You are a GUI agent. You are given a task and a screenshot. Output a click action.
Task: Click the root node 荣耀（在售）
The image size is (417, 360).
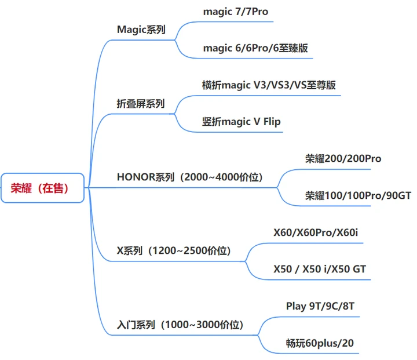[x=43, y=187]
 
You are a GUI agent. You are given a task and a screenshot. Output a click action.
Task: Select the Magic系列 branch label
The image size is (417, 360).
[x=141, y=30]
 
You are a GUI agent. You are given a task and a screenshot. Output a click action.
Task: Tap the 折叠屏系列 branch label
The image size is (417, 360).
[x=140, y=104]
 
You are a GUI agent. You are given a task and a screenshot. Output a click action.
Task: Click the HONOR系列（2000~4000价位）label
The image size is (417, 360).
[x=189, y=177]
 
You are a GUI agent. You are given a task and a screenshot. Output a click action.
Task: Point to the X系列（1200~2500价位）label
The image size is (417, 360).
[x=174, y=251]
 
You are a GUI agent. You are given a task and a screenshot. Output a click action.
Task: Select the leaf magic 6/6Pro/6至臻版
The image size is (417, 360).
[x=255, y=48]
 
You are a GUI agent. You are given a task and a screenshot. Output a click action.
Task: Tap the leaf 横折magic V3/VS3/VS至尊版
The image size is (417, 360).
[x=269, y=85]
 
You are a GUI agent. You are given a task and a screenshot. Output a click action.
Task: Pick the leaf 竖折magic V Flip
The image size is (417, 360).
[x=241, y=122]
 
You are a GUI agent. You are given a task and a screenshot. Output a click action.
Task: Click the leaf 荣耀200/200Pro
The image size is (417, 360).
[x=343, y=158]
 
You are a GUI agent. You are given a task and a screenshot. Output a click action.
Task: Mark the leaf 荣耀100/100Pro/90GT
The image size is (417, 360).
[x=358, y=195]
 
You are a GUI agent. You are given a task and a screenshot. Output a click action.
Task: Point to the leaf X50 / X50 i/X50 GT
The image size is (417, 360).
[x=320, y=269]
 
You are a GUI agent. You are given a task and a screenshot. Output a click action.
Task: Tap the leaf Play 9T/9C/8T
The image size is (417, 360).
[x=320, y=306]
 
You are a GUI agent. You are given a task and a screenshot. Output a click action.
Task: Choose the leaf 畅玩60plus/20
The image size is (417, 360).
[x=320, y=343]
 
